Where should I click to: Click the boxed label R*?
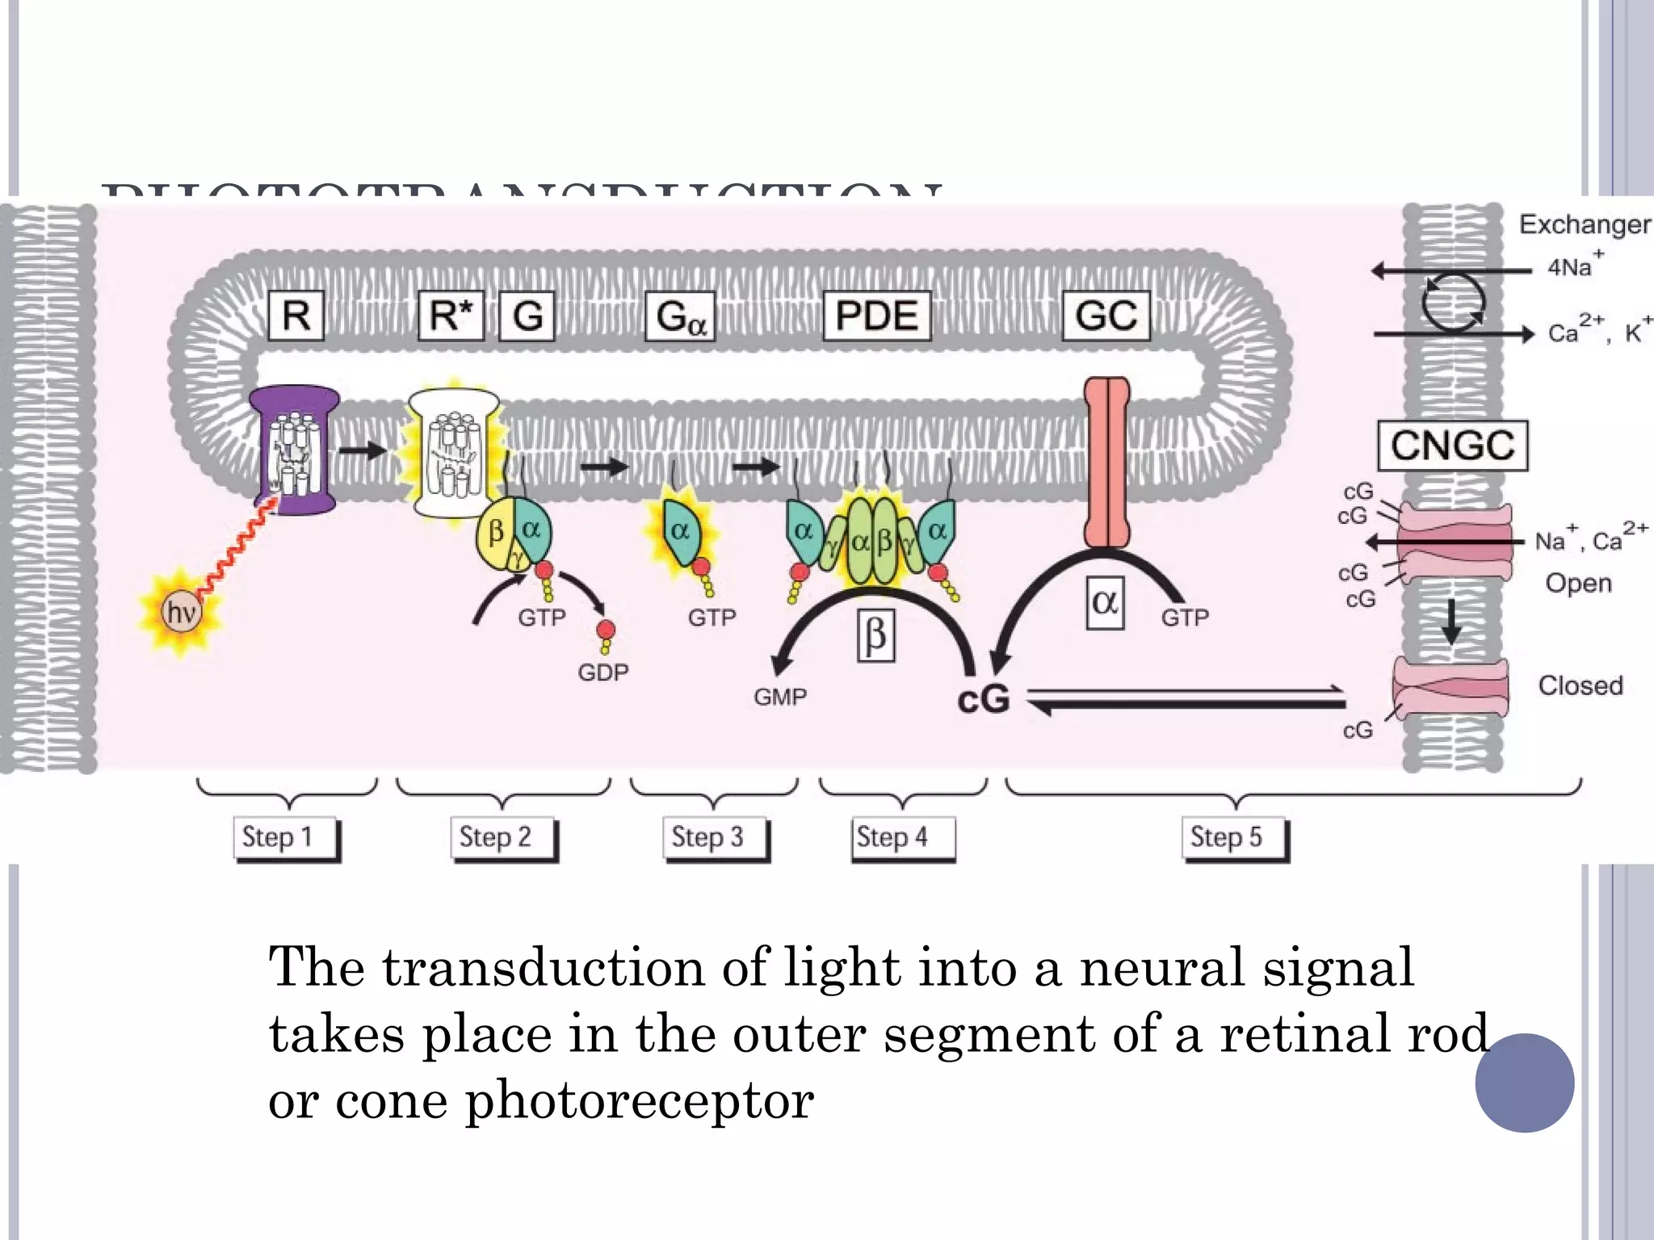point(451,316)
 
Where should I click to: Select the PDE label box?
point(876,316)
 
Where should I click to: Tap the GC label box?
point(1106,316)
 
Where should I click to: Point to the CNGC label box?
point(1452,445)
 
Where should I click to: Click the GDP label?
point(602,672)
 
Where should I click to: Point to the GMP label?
point(780,697)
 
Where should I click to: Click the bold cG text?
point(983,699)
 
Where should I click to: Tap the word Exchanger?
point(1585,224)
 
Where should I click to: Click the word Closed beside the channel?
point(1580,685)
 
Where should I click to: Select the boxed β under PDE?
point(875,636)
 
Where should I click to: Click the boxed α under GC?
point(1105,602)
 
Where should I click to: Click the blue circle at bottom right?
point(1524,1083)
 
